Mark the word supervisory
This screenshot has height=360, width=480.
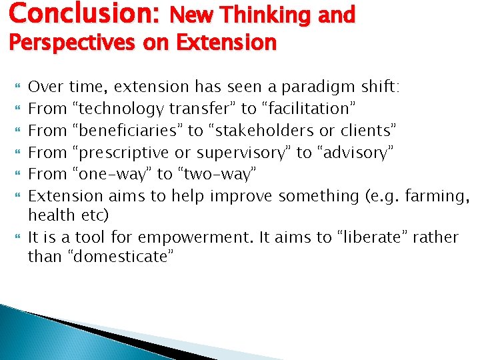[x=238, y=153]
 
